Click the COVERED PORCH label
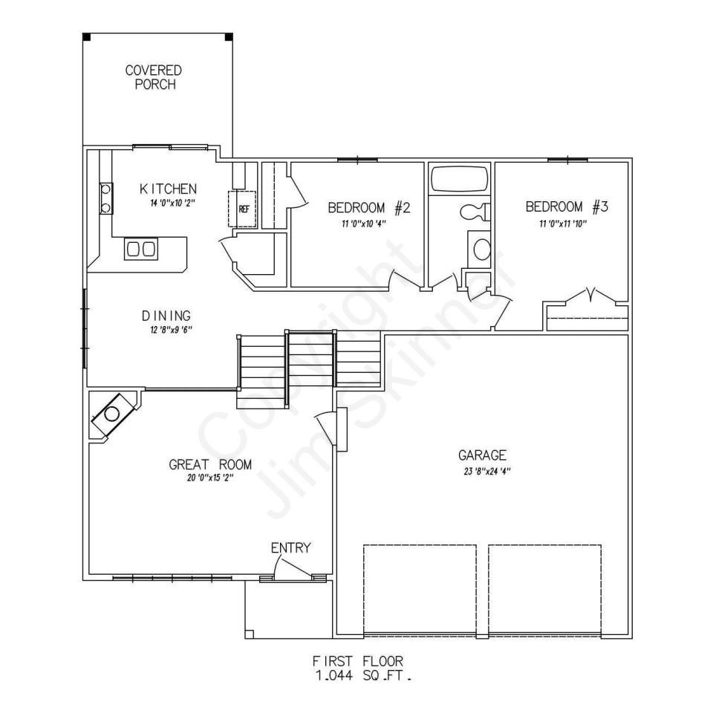point(154,77)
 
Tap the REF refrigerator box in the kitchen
point(243,209)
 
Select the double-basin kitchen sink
point(141,250)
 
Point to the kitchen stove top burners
point(106,198)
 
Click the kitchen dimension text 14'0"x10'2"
point(173,204)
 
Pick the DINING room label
point(166,316)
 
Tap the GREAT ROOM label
point(210,465)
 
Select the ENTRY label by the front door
point(291,547)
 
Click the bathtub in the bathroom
point(460,179)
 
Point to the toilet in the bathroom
point(475,212)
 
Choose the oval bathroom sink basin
point(482,250)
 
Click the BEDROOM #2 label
point(369,208)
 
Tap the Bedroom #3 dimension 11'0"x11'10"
point(563,224)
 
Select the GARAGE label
point(482,455)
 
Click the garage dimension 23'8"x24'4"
point(487,472)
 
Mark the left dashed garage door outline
point(420,589)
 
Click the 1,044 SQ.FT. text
point(363,676)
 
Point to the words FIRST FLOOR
point(358,661)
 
